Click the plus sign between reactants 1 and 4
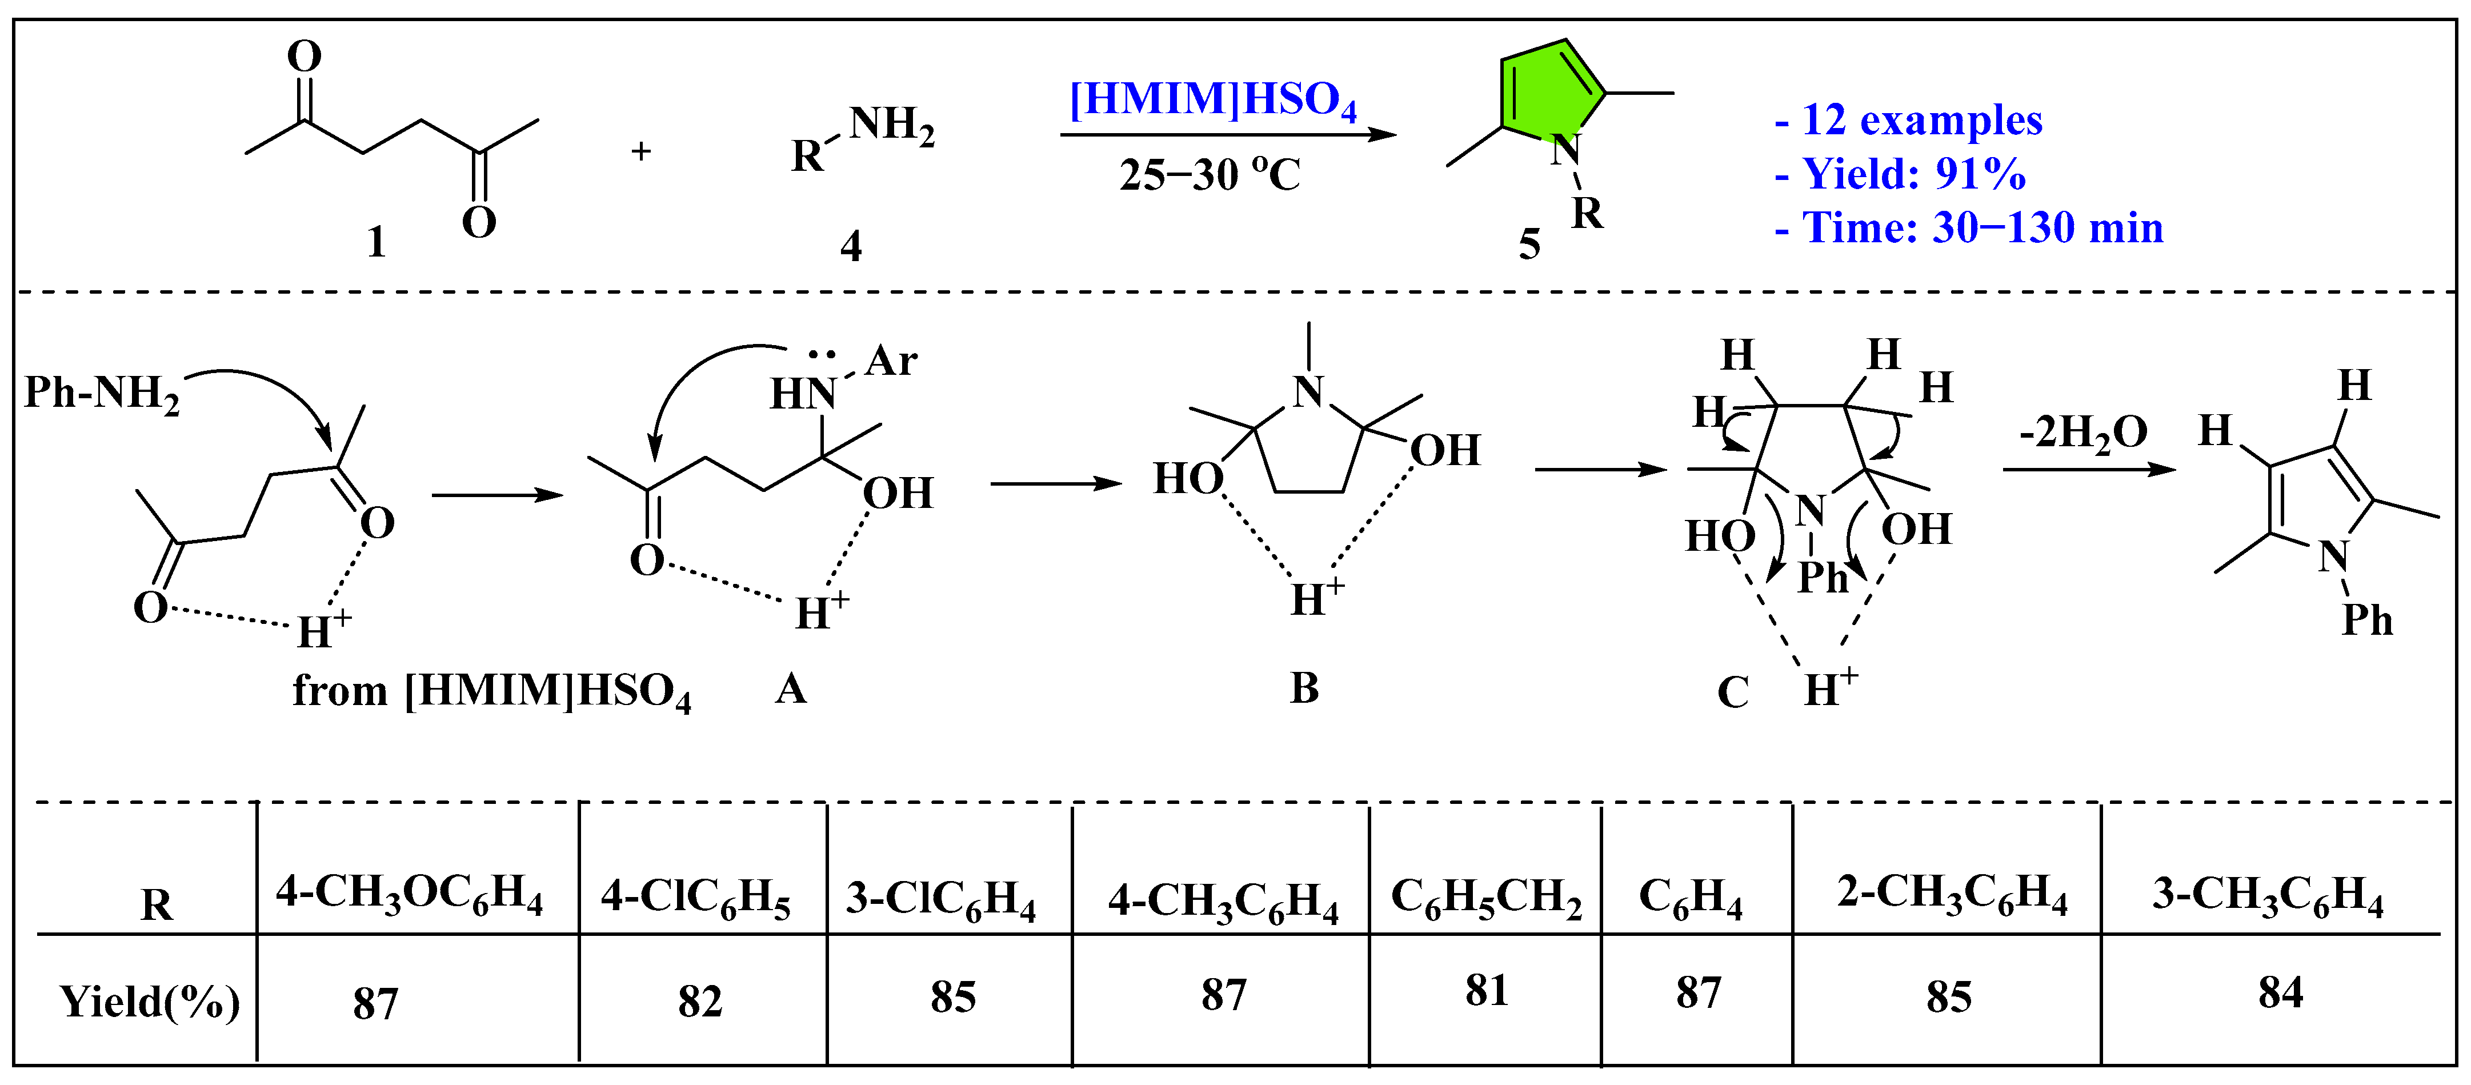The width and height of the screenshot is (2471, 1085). (x=641, y=151)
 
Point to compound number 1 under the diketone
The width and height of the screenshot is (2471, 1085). (x=377, y=242)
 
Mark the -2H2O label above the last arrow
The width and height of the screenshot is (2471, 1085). (x=2084, y=433)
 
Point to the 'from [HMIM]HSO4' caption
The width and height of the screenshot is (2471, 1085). (x=491, y=692)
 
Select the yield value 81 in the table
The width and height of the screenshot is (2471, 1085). (x=1486, y=991)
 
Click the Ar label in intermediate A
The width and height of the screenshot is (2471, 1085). (x=891, y=362)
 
